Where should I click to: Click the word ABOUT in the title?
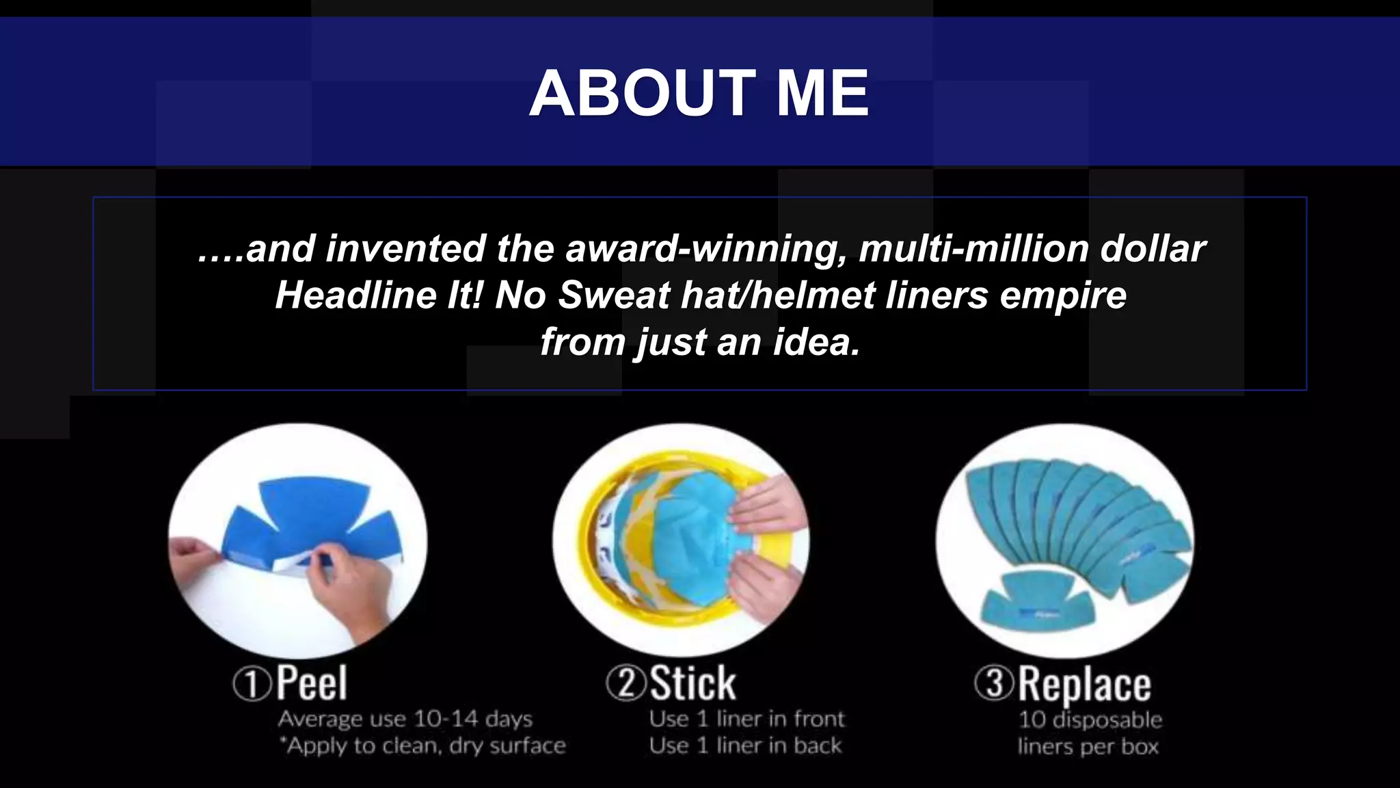(x=642, y=94)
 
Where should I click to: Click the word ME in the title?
(x=822, y=94)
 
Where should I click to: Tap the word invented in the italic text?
(x=406, y=248)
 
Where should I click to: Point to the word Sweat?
(x=614, y=295)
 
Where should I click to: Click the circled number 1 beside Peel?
(x=252, y=683)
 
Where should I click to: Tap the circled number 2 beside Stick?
(x=625, y=683)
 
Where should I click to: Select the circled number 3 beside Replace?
(x=995, y=683)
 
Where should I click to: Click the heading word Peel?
(x=312, y=683)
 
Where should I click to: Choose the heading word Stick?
(x=692, y=683)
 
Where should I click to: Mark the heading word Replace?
(x=1084, y=684)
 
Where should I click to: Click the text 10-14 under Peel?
(x=445, y=719)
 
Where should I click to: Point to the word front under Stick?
(x=819, y=719)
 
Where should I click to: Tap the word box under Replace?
(x=1139, y=746)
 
